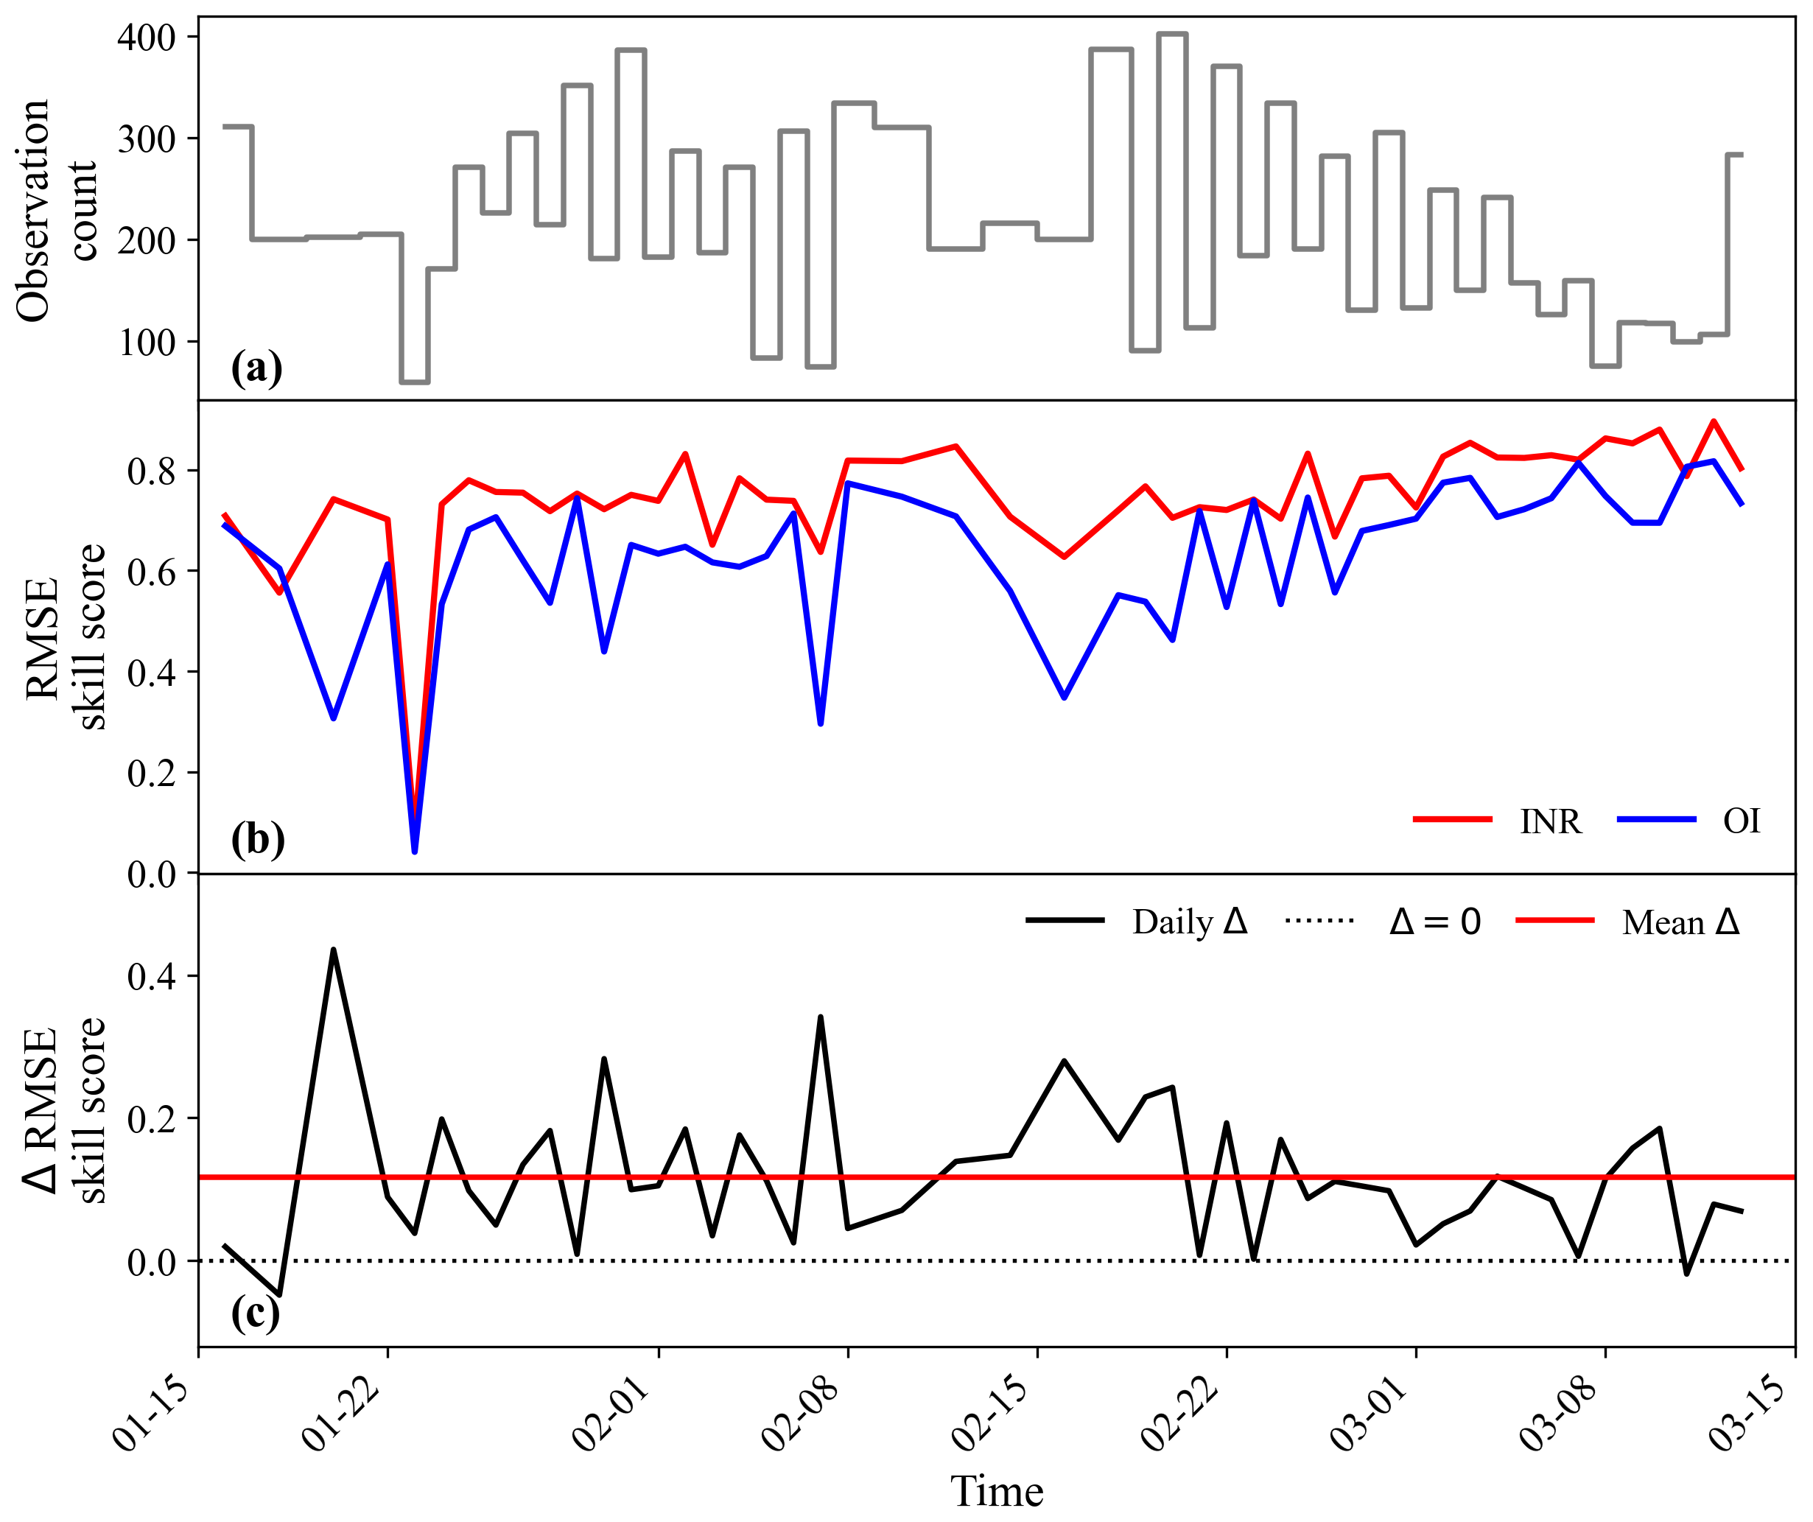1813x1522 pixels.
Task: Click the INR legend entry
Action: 1498,820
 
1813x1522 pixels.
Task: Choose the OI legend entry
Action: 1688,820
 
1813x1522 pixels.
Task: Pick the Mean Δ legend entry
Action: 1628,923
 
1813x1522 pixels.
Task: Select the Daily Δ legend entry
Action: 1137,923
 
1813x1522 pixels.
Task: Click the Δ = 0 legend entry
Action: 1383,923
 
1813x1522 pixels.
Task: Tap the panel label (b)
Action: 257,839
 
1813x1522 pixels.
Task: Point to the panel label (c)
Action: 256,1312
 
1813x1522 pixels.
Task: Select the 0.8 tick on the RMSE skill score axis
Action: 152,471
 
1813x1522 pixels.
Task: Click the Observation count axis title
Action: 57,211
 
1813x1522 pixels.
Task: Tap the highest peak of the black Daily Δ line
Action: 333,950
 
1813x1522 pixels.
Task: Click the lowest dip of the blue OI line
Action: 415,852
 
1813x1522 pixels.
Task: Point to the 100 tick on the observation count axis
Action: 147,343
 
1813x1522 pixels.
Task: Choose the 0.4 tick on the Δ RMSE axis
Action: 152,976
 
